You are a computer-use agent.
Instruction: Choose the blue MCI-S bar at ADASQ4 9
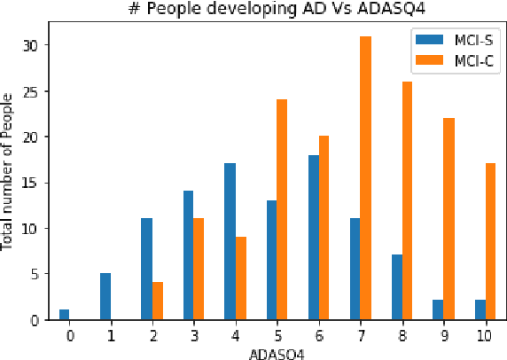[437, 310]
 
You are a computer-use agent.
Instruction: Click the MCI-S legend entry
[444, 40]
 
